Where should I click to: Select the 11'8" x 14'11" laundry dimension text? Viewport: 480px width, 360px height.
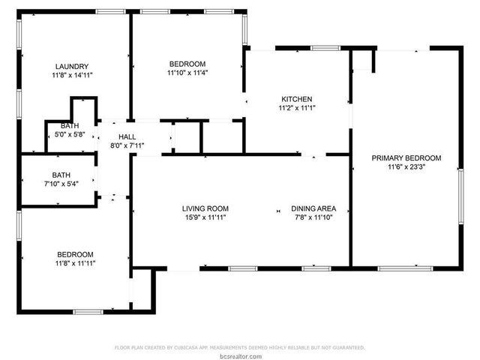point(73,75)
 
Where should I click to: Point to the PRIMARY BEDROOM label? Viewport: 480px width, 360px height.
point(406,158)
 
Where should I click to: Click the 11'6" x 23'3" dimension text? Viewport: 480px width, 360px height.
point(406,167)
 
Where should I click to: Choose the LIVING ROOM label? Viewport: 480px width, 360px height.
point(205,208)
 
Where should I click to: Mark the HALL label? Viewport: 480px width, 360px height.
point(127,136)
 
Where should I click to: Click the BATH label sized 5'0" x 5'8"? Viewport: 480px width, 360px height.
point(70,125)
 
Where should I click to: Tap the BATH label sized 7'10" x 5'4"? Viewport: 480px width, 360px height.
point(61,175)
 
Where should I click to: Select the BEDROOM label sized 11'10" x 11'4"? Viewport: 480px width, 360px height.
point(187,64)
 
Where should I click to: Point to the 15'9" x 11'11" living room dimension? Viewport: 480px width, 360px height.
point(205,217)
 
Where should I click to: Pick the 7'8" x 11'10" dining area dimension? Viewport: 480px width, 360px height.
point(313,217)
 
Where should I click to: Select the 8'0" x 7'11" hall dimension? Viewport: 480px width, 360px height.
point(127,145)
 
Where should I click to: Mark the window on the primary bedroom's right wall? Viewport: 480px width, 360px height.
point(460,195)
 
